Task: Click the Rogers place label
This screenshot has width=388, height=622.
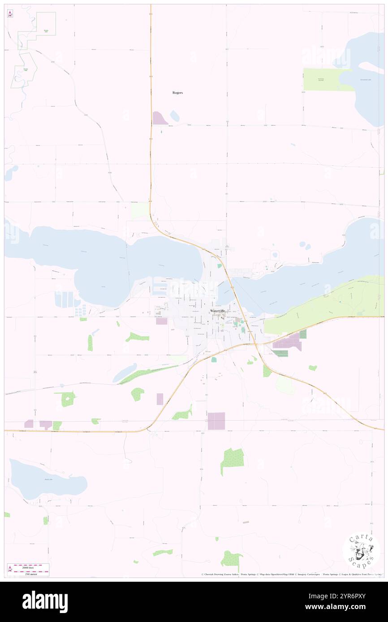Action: click(178, 93)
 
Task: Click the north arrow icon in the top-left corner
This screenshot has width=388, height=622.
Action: click(10, 14)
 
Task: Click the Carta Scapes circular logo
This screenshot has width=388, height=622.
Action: click(361, 551)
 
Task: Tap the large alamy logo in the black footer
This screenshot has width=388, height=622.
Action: click(45, 601)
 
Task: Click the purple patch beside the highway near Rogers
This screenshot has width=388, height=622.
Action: click(160, 118)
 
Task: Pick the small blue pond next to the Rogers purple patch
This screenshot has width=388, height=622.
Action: click(174, 116)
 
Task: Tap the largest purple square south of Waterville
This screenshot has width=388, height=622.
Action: click(216, 421)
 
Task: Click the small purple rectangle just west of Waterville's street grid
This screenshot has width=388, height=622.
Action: click(161, 321)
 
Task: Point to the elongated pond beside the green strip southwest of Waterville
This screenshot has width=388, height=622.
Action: click(125, 372)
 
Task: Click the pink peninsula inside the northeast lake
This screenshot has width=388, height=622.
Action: click(372, 68)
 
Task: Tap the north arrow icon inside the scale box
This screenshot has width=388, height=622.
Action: click(10, 570)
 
